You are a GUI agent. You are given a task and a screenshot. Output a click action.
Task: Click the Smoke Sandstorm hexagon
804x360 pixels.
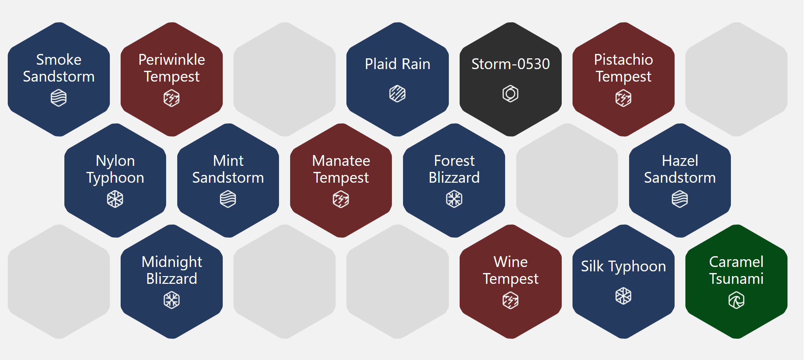point(59,79)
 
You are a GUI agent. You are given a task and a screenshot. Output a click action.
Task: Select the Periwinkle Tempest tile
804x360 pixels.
point(172,79)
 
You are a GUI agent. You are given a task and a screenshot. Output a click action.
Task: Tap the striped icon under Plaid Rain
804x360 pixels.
point(398,94)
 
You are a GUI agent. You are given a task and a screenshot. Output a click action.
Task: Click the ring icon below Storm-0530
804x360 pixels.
point(511,94)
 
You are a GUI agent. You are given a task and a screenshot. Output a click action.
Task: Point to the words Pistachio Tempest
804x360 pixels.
point(623,68)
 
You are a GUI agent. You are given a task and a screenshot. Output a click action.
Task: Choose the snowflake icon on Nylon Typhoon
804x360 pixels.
point(115,199)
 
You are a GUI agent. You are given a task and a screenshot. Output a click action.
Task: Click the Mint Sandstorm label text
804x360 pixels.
point(228,169)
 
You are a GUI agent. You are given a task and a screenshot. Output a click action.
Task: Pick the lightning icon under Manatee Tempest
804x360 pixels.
point(341,199)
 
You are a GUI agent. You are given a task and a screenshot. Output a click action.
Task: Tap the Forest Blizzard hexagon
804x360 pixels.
point(454,180)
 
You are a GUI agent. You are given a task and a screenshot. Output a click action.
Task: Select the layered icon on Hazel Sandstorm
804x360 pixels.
point(680,199)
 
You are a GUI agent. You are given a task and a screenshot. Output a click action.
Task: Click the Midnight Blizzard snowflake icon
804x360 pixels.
point(172,300)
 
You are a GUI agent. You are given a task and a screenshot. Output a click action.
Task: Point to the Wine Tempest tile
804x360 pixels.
point(511,281)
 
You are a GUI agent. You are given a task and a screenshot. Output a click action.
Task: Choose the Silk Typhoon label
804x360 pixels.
point(623,267)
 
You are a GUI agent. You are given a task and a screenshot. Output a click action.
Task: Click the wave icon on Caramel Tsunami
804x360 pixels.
point(737,300)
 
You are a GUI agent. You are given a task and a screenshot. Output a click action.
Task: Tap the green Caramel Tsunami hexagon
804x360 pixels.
point(737,281)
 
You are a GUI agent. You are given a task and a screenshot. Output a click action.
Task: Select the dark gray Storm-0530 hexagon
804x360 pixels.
point(511,79)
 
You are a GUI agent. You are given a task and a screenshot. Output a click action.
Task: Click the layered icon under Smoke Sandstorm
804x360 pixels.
point(59,98)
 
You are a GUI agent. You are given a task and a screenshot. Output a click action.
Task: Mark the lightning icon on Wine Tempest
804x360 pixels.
point(511,300)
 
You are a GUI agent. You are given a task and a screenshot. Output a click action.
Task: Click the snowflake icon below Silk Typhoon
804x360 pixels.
point(623,296)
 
